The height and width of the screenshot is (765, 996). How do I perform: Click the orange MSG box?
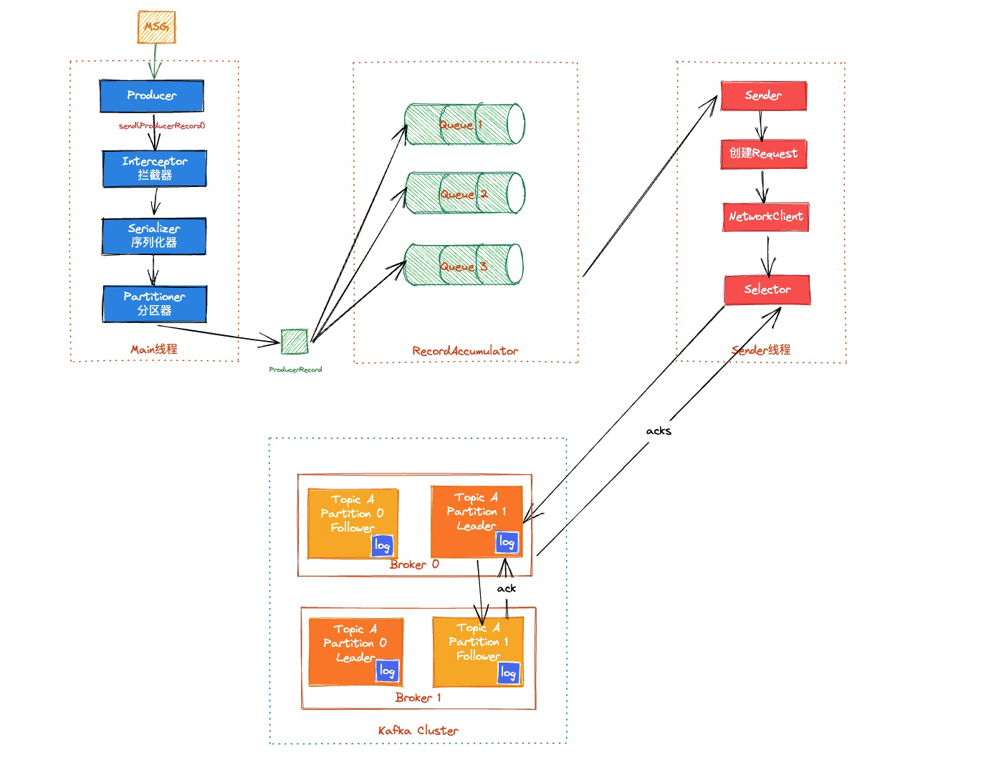pyautogui.click(x=156, y=27)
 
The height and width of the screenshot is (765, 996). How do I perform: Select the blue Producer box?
pyautogui.click(x=151, y=95)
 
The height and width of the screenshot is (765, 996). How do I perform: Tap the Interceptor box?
pyautogui.click(x=154, y=168)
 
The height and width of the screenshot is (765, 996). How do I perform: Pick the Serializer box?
pyautogui.click(x=154, y=236)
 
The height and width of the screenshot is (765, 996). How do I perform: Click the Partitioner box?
pyautogui.click(x=155, y=304)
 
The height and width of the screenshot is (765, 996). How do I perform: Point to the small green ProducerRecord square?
pyautogui.click(x=295, y=342)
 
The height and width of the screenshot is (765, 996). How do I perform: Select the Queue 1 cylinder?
pyautogui.click(x=464, y=124)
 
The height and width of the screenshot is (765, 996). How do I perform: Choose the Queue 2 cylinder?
pyautogui.click(x=464, y=193)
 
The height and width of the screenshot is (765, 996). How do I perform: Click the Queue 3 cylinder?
pyautogui.click(x=462, y=265)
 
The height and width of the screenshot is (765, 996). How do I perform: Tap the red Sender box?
pyautogui.click(x=763, y=95)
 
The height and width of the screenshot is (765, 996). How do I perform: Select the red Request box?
pyautogui.click(x=764, y=153)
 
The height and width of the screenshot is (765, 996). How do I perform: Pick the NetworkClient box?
pyautogui.click(x=765, y=216)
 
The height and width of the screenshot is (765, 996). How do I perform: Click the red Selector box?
pyautogui.click(x=767, y=289)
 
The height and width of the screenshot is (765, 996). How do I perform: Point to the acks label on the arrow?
pyautogui.click(x=659, y=430)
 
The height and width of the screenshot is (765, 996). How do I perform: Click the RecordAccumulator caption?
pyautogui.click(x=465, y=351)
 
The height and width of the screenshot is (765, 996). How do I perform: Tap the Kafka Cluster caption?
pyautogui.click(x=418, y=731)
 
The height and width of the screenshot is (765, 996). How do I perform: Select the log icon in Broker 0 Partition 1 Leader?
pyautogui.click(x=507, y=543)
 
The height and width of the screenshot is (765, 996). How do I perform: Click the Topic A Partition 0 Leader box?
pyautogui.click(x=355, y=651)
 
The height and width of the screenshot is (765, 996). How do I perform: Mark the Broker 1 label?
pyautogui.click(x=418, y=698)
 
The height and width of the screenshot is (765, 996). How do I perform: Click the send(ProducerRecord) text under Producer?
pyautogui.click(x=162, y=125)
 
